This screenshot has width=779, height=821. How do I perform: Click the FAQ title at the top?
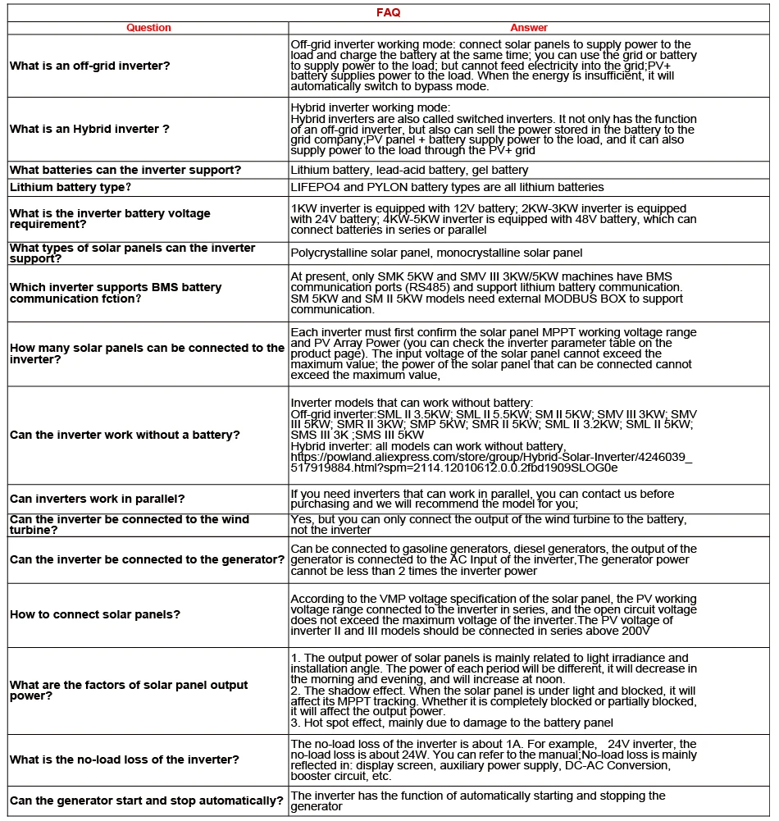[388, 13]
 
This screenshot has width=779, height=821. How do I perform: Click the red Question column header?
[148, 28]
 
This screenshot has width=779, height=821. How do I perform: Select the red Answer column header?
[529, 28]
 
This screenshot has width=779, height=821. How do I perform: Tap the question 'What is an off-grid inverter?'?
[90, 66]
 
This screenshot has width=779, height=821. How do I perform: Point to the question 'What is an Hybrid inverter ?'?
[89, 129]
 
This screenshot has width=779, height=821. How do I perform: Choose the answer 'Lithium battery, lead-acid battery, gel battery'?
[409, 171]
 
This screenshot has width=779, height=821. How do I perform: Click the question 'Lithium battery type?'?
[71, 187]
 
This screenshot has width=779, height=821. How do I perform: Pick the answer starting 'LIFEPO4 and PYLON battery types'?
[447, 187]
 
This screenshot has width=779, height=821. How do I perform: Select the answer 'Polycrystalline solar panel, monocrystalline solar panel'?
[436, 253]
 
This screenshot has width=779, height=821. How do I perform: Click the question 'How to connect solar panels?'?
[95, 614]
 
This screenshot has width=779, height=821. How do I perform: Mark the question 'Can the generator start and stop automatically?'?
[147, 800]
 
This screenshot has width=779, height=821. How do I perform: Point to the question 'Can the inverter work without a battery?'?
[125, 435]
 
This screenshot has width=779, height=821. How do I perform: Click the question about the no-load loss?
[125, 759]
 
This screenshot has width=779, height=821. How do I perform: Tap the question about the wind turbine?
[130, 525]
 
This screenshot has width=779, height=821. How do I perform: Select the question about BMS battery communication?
[116, 293]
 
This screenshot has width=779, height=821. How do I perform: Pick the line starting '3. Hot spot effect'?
[452, 723]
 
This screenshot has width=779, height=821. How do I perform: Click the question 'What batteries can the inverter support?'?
[125, 170]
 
